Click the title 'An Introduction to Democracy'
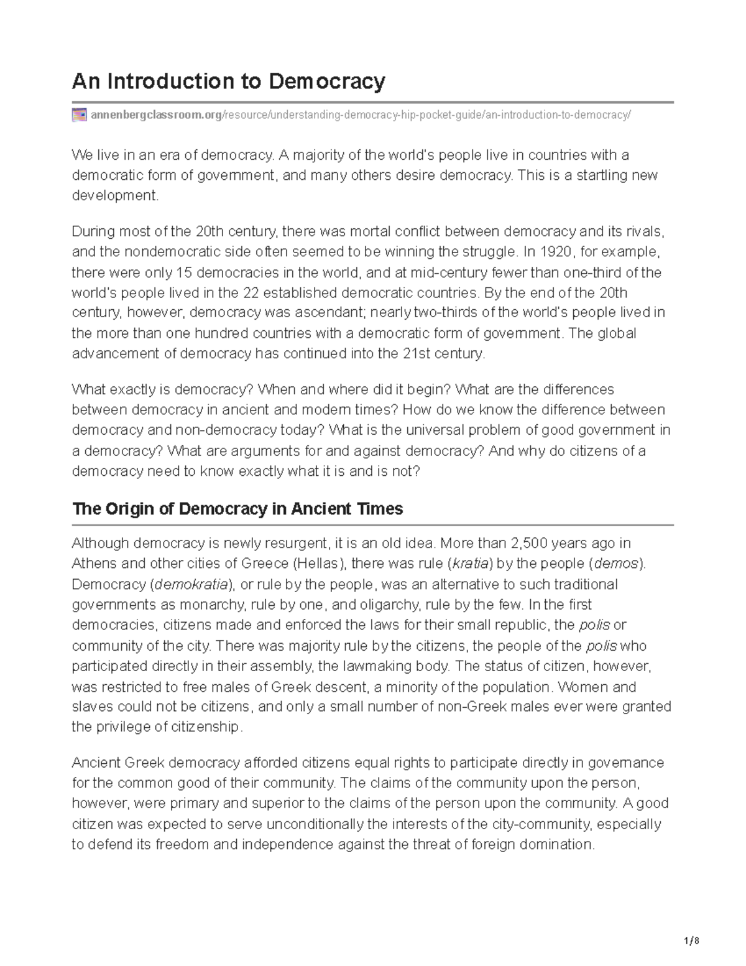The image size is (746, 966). [229, 81]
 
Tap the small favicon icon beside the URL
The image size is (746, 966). [79, 115]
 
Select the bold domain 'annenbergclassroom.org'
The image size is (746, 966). [155, 115]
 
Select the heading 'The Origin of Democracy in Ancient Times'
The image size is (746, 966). [237, 509]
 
